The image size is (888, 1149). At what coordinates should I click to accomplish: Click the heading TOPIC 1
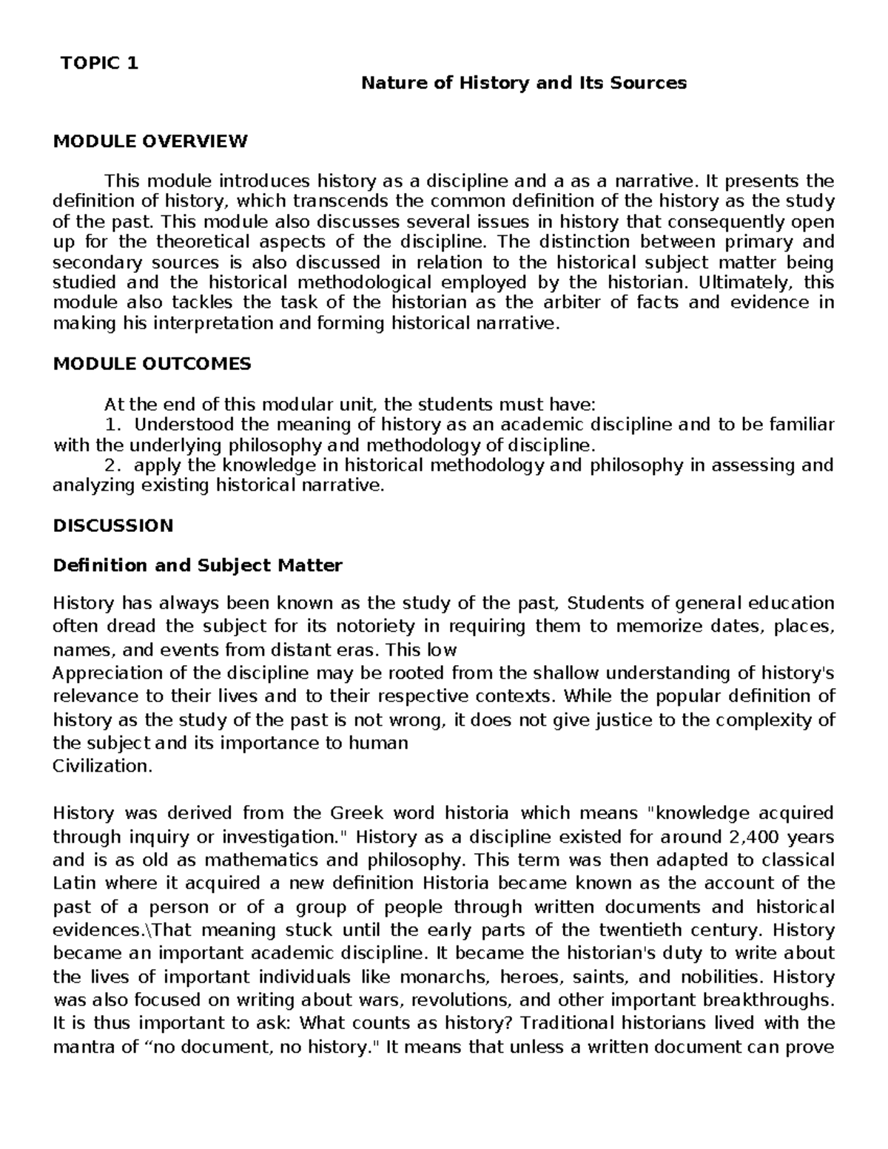tap(99, 63)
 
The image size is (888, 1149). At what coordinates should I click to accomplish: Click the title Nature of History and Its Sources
tap(523, 83)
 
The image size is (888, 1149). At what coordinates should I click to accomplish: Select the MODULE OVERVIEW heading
tap(150, 141)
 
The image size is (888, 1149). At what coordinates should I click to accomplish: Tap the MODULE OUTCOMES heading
tap(152, 363)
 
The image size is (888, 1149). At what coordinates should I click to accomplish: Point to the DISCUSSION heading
tap(113, 525)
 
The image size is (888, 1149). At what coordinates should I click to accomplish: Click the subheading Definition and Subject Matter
tap(198, 566)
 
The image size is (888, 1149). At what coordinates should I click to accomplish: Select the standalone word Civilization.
tap(103, 766)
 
